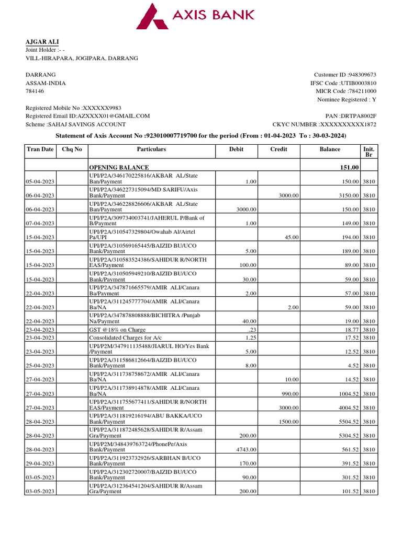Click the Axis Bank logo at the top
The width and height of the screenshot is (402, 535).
click(x=195, y=15)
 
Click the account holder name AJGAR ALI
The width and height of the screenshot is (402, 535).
click(x=42, y=41)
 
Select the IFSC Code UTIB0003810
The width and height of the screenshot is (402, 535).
click(x=358, y=83)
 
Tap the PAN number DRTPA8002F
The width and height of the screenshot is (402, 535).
click(x=358, y=116)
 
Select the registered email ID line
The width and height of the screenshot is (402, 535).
click(x=87, y=116)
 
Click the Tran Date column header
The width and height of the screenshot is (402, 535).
click(x=40, y=149)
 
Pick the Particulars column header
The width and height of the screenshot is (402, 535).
click(x=151, y=149)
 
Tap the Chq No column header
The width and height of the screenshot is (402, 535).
click(x=72, y=149)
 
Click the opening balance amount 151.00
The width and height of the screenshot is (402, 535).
click(x=349, y=167)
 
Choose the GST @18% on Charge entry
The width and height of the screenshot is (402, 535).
click(x=117, y=330)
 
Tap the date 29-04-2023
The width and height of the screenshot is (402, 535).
click(x=40, y=463)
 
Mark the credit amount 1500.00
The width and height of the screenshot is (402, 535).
click(x=288, y=422)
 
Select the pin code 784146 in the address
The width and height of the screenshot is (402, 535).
click(x=35, y=91)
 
